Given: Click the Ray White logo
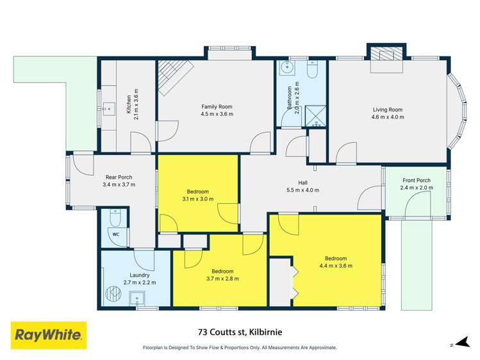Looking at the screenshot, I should pos(48,334).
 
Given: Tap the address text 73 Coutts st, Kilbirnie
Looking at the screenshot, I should pos(240,332).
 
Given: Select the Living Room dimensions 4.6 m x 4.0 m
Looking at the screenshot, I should pos(388,117).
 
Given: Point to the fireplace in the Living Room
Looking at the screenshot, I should pos(386,54).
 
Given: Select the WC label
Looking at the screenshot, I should pos(116,234).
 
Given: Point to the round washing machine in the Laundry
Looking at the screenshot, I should pos(115,294).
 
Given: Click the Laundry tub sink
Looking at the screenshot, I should pos(137,298).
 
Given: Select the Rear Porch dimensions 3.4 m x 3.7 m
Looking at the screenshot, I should pos(119,184).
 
